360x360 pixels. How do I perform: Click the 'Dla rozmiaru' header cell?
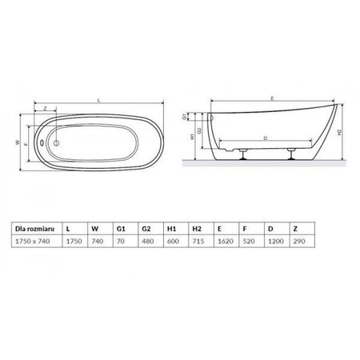click(x=34, y=229)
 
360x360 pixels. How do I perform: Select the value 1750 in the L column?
click(x=74, y=242)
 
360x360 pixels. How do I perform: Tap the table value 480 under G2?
click(x=148, y=242)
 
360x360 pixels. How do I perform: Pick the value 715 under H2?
click(x=198, y=242)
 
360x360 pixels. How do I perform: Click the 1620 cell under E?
click(x=226, y=242)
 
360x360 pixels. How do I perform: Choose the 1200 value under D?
click(x=276, y=242)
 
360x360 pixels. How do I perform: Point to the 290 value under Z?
click(x=299, y=242)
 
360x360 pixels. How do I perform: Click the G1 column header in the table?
click(x=121, y=229)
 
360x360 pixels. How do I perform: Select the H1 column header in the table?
click(x=171, y=229)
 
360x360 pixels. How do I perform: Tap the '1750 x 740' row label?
click(x=33, y=242)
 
